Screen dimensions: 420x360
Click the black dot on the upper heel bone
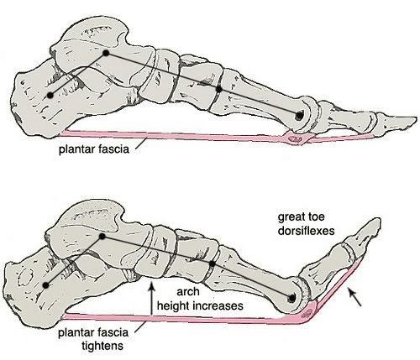[50, 96]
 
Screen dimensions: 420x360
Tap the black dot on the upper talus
[106, 53]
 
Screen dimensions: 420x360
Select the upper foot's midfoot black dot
[219, 89]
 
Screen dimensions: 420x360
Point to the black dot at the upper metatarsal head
[299, 115]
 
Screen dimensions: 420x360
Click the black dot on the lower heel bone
[45, 285]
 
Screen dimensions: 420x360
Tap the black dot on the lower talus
[102, 237]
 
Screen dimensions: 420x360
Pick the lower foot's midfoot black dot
[213, 263]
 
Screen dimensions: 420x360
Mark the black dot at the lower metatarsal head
[291, 298]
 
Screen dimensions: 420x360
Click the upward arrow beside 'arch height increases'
[151, 300]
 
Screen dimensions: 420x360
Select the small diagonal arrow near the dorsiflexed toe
[354, 297]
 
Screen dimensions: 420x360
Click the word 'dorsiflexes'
[306, 231]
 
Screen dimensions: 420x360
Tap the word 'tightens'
[102, 347]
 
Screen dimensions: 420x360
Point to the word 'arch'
[188, 292]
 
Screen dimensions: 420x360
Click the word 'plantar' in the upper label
[76, 149]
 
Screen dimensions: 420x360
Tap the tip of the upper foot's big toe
[416, 119]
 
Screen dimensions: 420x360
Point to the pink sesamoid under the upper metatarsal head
[296, 138]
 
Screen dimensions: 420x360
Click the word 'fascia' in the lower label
[113, 332]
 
